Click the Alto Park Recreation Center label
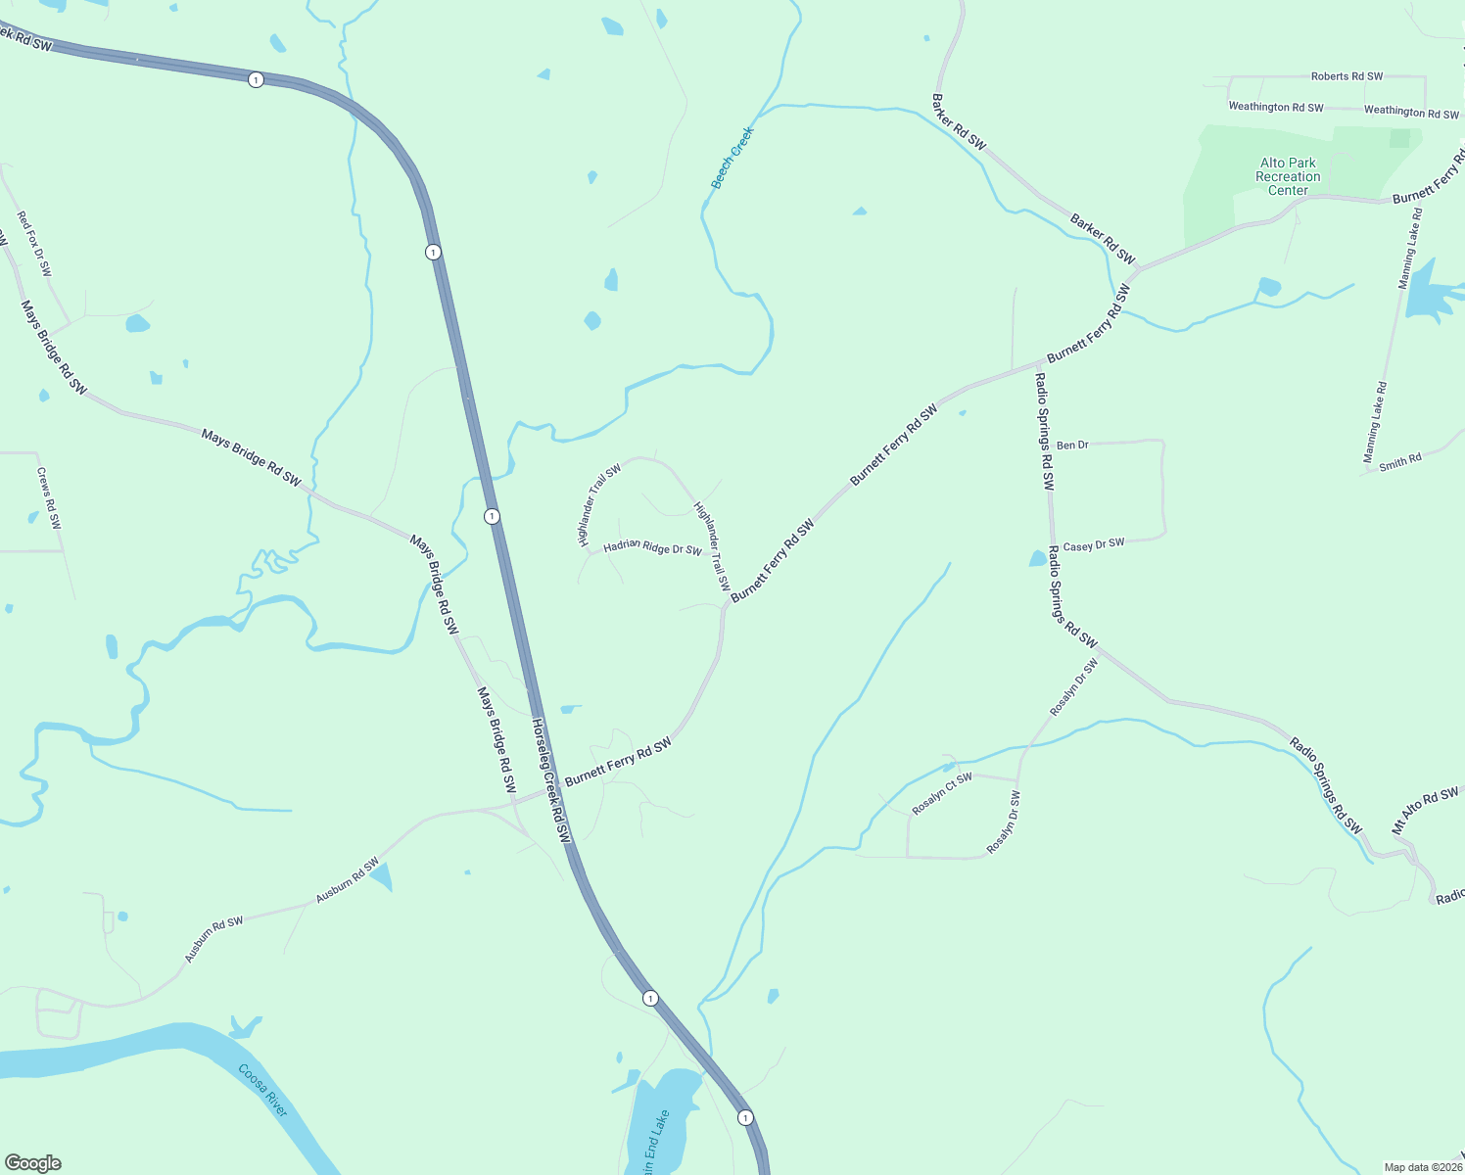tap(1288, 177)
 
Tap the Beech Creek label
tap(732, 158)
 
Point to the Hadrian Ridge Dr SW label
tap(652, 548)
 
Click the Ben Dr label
tap(1072, 446)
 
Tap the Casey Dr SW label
tap(1094, 545)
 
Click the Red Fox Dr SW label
tap(34, 244)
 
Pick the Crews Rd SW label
tap(49, 498)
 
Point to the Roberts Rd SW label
tap(1347, 76)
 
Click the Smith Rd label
tap(1399, 462)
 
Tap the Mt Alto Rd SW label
tap(1425, 811)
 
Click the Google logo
tap(33, 1163)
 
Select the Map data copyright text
tap(1422, 1167)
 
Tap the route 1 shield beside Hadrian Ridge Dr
tap(492, 516)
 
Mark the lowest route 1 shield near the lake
tap(745, 1117)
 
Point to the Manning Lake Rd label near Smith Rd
tap(1375, 422)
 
